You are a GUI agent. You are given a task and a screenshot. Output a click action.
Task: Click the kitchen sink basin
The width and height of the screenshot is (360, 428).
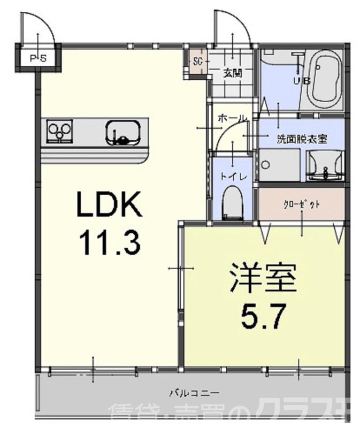[x=123, y=131]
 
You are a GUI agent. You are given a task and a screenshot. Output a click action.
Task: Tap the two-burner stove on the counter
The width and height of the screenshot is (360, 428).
[x=60, y=129]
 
